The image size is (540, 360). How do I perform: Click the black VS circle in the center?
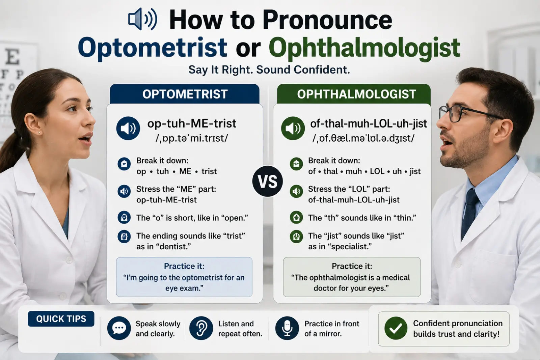click(x=268, y=181)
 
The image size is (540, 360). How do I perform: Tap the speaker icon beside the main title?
click(x=142, y=19)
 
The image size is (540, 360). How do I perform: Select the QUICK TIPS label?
click(x=61, y=319)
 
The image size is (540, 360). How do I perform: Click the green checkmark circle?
click(x=396, y=328)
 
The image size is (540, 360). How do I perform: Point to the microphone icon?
click(x=287, y=328)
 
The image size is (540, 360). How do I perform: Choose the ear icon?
click(x=201, y=328)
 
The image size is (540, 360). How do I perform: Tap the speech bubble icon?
click(x=119, y=328)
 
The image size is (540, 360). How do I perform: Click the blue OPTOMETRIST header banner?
click(x=185, y=94)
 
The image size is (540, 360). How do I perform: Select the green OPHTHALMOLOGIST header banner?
click(x=354, y=94)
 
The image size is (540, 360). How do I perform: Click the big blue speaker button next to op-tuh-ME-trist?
click(x=128, y=129)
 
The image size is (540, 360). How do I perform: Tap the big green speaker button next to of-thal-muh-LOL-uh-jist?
click(x=293, y=129)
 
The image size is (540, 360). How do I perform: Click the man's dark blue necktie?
click(x=470, y=212)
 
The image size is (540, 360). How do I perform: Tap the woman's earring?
click(x=39, y=133)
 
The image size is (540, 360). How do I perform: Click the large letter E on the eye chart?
click(x=12, y=56)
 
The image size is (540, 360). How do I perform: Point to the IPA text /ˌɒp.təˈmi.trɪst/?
click(x=192, y=138)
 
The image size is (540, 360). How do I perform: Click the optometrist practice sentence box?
click(x=184, y=277)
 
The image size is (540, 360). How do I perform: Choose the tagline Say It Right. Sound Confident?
click(x=269, y=70)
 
